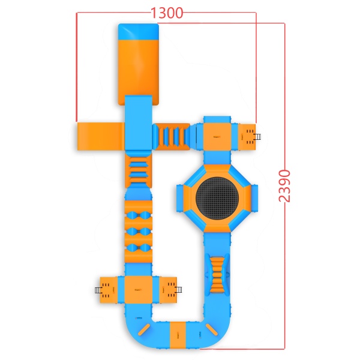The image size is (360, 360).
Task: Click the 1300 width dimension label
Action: [167, 13]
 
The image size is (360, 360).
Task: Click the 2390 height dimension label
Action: [284, 186]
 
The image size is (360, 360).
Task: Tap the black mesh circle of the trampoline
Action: [217, 197]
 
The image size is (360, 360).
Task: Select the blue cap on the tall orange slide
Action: [139, 32]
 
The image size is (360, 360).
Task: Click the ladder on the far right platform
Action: [257, 137]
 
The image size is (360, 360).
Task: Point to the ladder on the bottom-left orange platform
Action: [98, 290]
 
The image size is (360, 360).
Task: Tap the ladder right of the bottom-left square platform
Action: [178, 290]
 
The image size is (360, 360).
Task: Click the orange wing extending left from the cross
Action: [101, 136]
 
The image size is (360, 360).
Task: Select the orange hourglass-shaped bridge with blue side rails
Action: [217, 275]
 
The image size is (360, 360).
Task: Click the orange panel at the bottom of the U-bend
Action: [178, 335]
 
